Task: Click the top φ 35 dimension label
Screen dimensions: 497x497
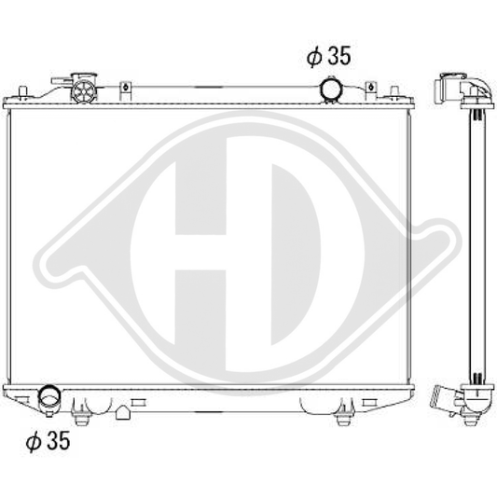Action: tap(328, 57)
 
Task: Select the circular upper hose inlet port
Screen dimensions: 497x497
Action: tap(331, 90)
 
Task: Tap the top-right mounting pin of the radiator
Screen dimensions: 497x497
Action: tap(394, 90)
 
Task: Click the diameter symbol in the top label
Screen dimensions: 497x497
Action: tap(313, 57)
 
